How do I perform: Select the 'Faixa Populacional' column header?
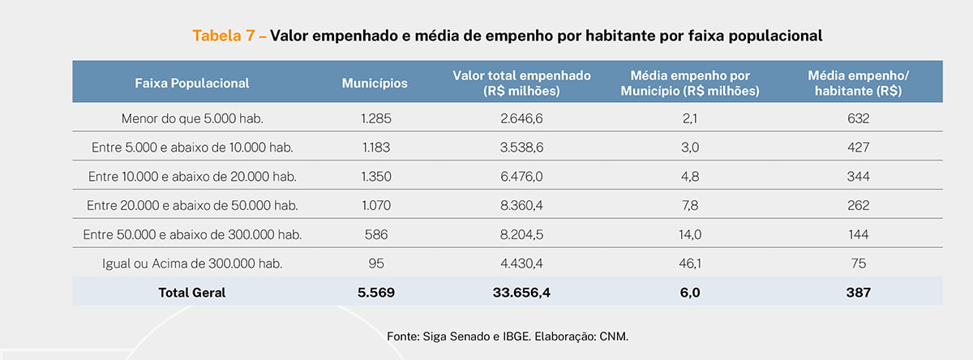point(192,83)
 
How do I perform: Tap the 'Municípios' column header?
point(375,83)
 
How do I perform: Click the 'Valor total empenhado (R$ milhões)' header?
point(521,83)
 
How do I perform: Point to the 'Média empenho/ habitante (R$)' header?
point(859,83)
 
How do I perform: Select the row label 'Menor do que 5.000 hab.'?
point(192,118)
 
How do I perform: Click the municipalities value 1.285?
point(375,118)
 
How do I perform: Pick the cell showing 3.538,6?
point(521,148)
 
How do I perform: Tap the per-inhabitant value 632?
point(859,118)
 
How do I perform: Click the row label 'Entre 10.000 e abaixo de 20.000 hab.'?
point(192,177)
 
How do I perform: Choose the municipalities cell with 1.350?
point(375,177)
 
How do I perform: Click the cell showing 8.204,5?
point(521,234)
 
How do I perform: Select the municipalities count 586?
point(375,234)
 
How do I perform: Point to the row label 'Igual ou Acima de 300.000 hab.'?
point(192,264)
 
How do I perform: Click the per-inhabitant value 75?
point(859,264)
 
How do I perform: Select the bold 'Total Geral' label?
point(192,293)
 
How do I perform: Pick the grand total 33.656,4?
point(521,293)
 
